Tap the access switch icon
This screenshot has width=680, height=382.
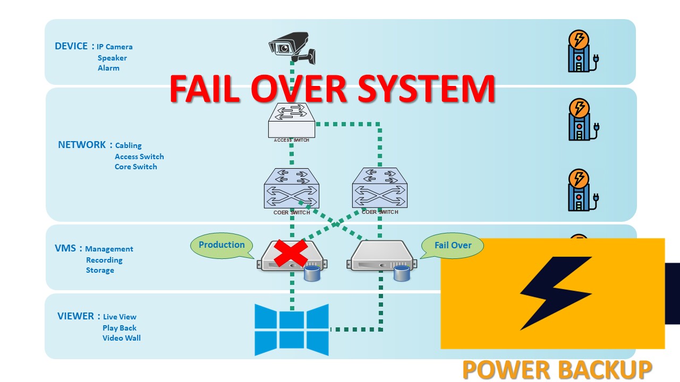(291, 120)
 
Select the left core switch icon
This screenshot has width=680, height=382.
(292, 188)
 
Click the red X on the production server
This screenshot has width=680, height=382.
(291, 253)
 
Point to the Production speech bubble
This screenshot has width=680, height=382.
(222, 245)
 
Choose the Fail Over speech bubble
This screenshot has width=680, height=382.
(453, 246)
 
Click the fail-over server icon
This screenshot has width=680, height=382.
(381, 257)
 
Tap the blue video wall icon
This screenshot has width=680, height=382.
(291, 329)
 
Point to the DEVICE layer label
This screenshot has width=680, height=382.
(71, 46)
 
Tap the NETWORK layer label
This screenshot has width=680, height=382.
(82, 145)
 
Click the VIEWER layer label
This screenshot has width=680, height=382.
(76, 316)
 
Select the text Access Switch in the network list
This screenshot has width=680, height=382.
(139, 157)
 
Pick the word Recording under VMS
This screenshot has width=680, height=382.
(104, 260)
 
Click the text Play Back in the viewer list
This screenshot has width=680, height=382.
(120, 328)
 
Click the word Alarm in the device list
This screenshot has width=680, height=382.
(108, 68)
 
